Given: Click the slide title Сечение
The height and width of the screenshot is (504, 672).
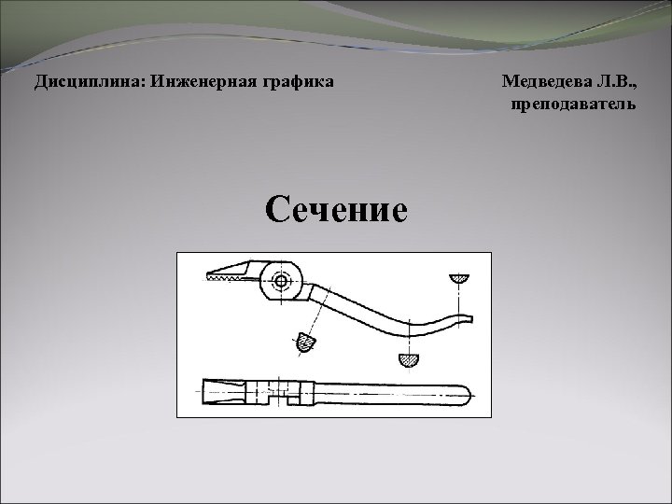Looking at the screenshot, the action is click(336, 208).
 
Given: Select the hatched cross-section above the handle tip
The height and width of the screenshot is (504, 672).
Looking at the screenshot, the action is click(458, 278).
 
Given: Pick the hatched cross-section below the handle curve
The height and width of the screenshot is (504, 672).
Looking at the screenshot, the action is click(409, 358).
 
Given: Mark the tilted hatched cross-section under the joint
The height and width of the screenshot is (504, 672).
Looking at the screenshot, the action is click(304, 343).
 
